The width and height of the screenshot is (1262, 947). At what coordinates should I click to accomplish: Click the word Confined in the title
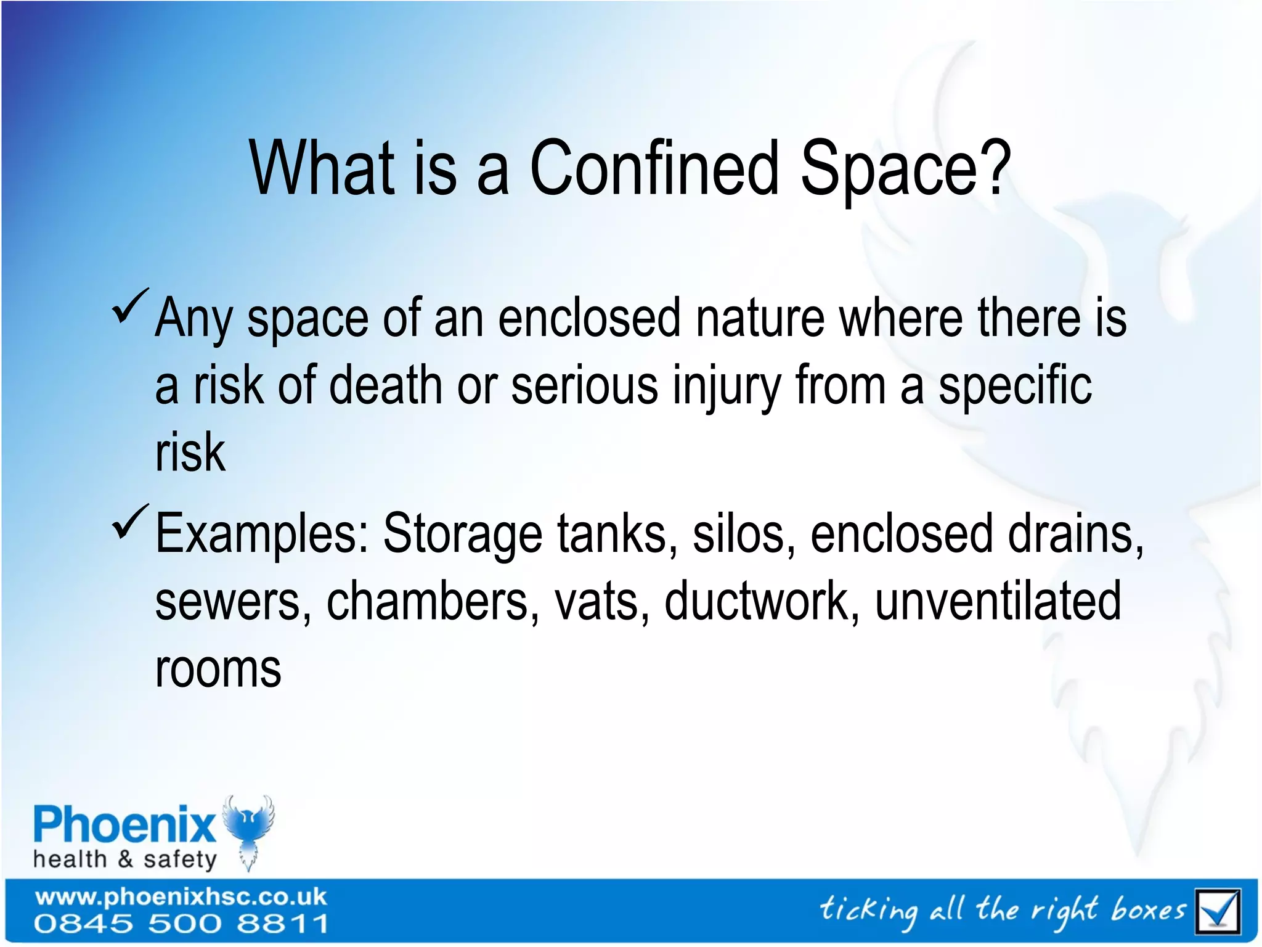pyautogui.click(x=654, y=168)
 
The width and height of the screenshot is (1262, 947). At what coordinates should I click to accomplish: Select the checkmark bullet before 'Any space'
pyautogui.click(x=130, y=306)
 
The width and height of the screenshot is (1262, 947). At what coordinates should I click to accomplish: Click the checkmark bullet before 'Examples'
pyautogui.click(x=130, y=522)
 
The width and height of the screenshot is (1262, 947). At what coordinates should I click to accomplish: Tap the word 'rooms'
pyautogui.click(x=218, y=670)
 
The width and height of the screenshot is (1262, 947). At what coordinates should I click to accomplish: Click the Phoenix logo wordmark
pyautogui.click(x=124, y=825)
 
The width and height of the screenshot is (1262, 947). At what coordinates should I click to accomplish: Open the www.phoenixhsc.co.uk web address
pyautogui.click(x=181, y=896)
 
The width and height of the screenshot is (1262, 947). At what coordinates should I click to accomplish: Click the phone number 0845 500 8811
pyautogui.click(x=181, y=924)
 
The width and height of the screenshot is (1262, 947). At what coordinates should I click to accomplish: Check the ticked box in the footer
pyautogui.click(x=1216, y=911)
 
